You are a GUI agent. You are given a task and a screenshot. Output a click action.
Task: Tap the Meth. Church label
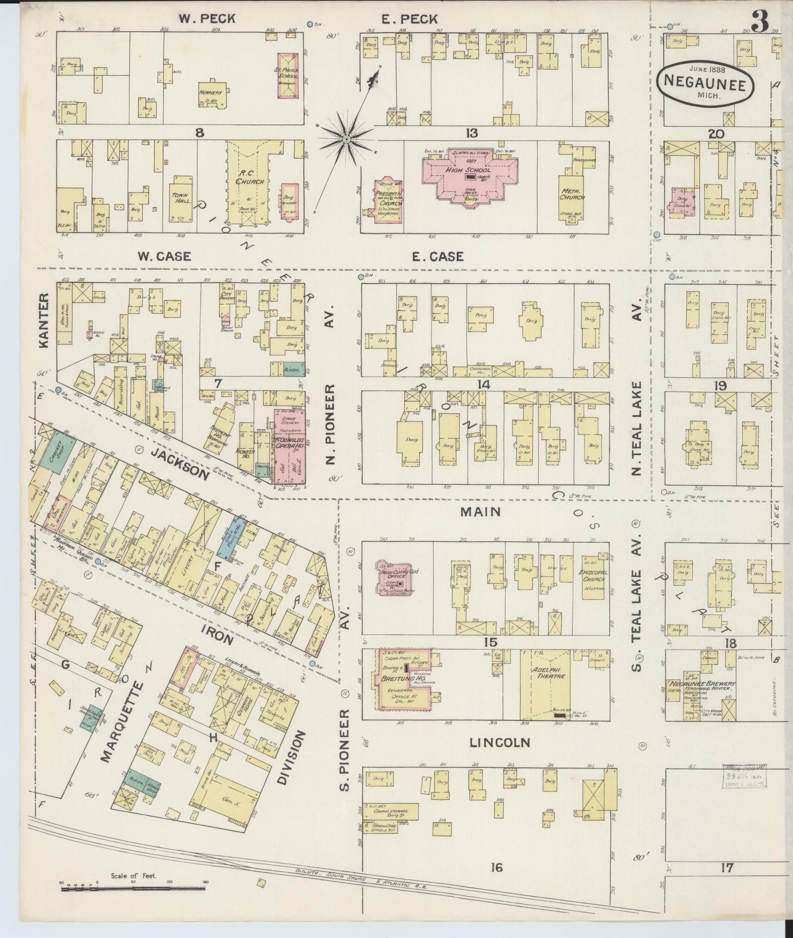click(572, 194)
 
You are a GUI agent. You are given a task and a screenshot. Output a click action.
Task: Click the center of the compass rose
click(346, 140)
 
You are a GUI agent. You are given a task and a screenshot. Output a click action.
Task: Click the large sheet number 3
click(759, 21)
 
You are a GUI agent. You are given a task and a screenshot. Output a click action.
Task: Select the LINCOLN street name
click(499, 742)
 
